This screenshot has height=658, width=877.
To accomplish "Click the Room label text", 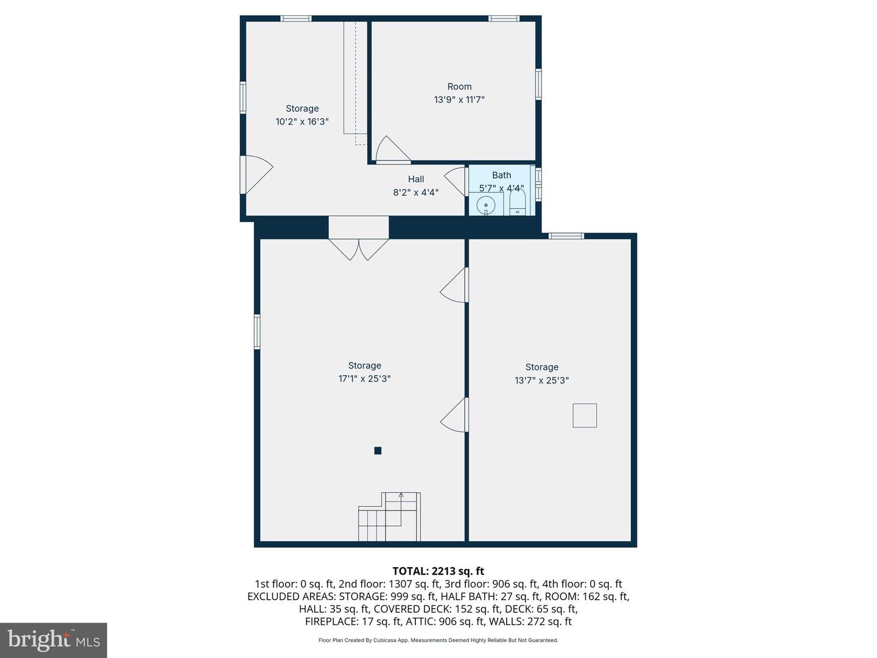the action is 459,87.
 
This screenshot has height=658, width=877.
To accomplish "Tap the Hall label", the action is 415,179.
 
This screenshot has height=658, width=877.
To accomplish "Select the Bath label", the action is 501,175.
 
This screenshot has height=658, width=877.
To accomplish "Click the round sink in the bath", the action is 486,206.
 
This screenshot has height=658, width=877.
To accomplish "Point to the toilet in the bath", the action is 517,202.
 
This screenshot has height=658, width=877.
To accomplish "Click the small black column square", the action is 378,451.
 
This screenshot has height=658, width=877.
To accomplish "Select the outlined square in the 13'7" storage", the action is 585,416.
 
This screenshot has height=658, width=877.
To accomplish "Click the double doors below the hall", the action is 358,249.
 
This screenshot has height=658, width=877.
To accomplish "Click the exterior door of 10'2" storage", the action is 256,175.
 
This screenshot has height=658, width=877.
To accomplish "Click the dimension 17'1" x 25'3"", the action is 364,379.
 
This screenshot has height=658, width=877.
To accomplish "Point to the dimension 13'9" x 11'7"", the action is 459,99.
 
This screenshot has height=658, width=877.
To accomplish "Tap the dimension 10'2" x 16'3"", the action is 302,121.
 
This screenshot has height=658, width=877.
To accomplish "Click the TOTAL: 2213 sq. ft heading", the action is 438,571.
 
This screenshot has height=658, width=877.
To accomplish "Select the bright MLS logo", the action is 54,640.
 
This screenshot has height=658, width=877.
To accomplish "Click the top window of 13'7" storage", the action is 566,236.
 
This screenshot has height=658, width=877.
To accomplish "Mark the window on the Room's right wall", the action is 538,84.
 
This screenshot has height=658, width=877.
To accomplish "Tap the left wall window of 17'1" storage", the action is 257,331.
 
